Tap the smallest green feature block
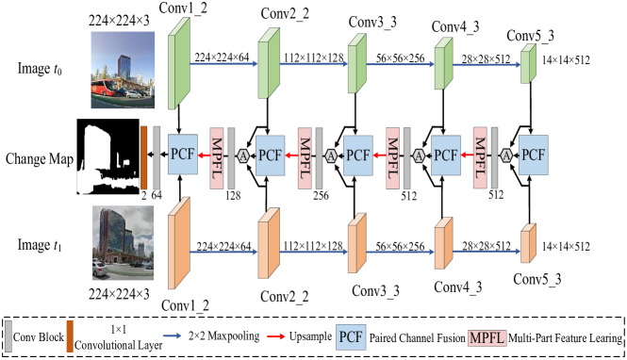pyautogui.click(x=528, y=63)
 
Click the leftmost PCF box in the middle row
pyautogui.click(x=183, y=154)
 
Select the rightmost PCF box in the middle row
pyautogui.click(x=534, y=154)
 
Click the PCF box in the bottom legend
pyautogui.click(x=351, y=336)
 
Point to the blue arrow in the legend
pyautogui.click(x=172, y=335)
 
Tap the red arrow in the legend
pyautogui.click(x=275, y=335)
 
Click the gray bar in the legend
pyautogui.click(x=8, y=335)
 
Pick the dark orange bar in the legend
pyautogui.click(x=70, y=335)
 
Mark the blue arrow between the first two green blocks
pyautogui.click(x=223, y=64)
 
